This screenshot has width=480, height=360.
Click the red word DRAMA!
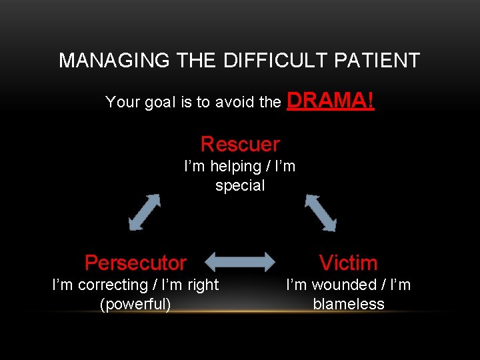click(330, 101)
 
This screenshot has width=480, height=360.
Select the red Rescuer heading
click(240, 144)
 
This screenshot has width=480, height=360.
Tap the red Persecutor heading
click(135, 263)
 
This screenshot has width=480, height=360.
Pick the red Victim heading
click(348, 263)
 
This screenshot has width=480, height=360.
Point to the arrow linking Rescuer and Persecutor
click(145, 211)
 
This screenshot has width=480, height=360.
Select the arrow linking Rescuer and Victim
click(321, 211)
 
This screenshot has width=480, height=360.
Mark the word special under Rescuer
click(240, 186)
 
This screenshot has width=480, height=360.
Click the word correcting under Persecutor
click(112, 285)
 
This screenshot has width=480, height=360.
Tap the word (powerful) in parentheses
click(135, 305)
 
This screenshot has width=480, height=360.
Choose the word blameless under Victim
click(349, 305)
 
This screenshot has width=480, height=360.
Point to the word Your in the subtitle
click(123, 103)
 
